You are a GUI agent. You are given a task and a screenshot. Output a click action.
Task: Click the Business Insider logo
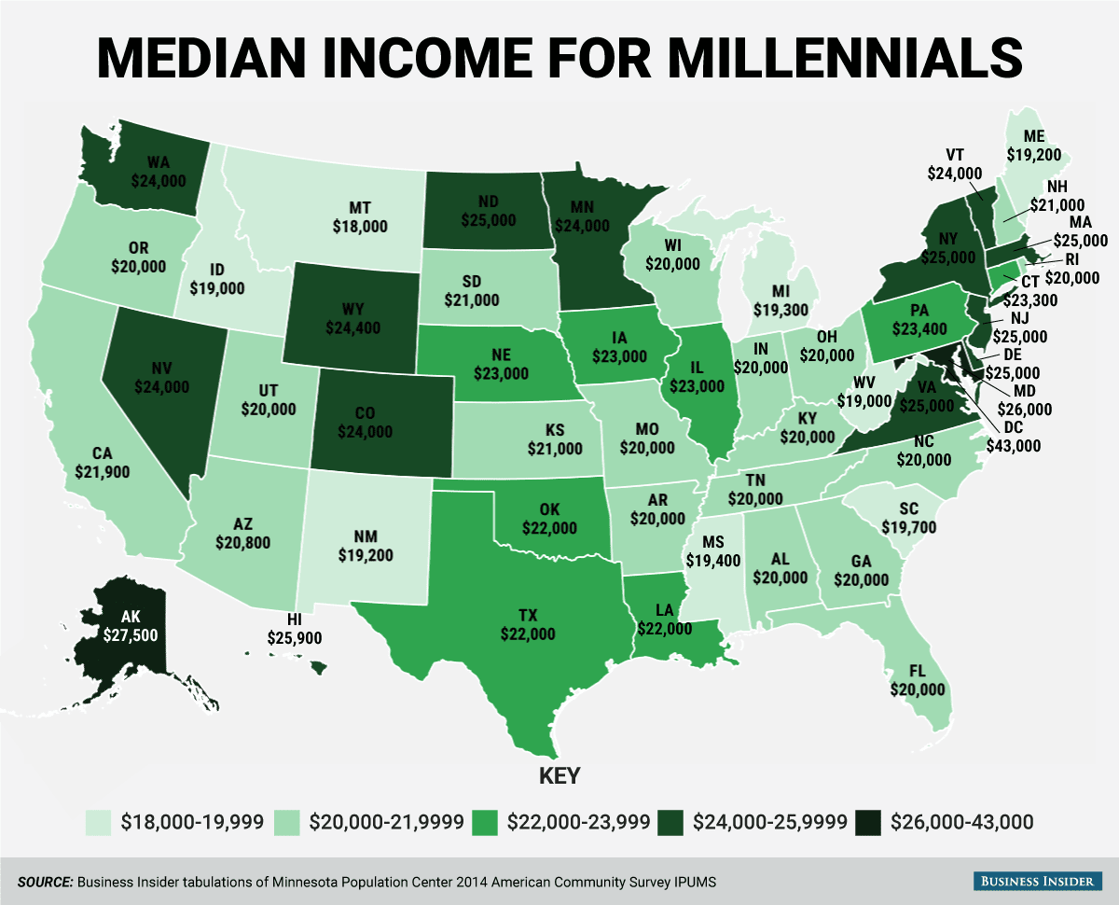coord(1038,881)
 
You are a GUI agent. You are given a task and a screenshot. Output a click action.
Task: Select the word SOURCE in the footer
coord(43,881)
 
